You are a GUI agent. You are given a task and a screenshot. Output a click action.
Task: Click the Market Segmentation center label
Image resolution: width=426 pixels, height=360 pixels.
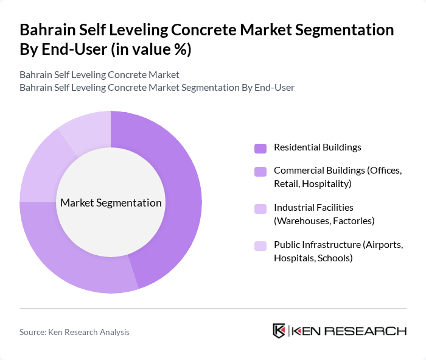tap(111, 203)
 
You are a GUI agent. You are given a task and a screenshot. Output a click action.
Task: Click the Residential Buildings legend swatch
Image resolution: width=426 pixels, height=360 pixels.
tap(260, 148)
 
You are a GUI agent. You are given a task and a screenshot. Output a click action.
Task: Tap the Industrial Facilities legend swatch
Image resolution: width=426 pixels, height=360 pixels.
tap(260, 209)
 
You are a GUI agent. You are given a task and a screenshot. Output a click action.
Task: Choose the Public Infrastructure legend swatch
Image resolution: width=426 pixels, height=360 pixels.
tap(260, 245)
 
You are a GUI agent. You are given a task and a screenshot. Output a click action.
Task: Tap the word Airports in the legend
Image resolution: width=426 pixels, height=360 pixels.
tap(382, 244)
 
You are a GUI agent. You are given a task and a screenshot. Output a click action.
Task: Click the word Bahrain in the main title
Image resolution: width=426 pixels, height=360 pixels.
tap(49, 30)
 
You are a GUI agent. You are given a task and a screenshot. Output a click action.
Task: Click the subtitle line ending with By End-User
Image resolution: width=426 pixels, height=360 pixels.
tap(157, 87)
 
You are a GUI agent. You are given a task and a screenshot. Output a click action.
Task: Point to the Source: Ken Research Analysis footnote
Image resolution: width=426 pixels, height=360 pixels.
tap(74, 332)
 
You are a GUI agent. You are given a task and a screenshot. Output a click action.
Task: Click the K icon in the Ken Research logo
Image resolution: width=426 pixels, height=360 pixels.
tap(279, 331)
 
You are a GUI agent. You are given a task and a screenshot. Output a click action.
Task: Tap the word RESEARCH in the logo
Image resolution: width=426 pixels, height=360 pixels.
tap(371, 331)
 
